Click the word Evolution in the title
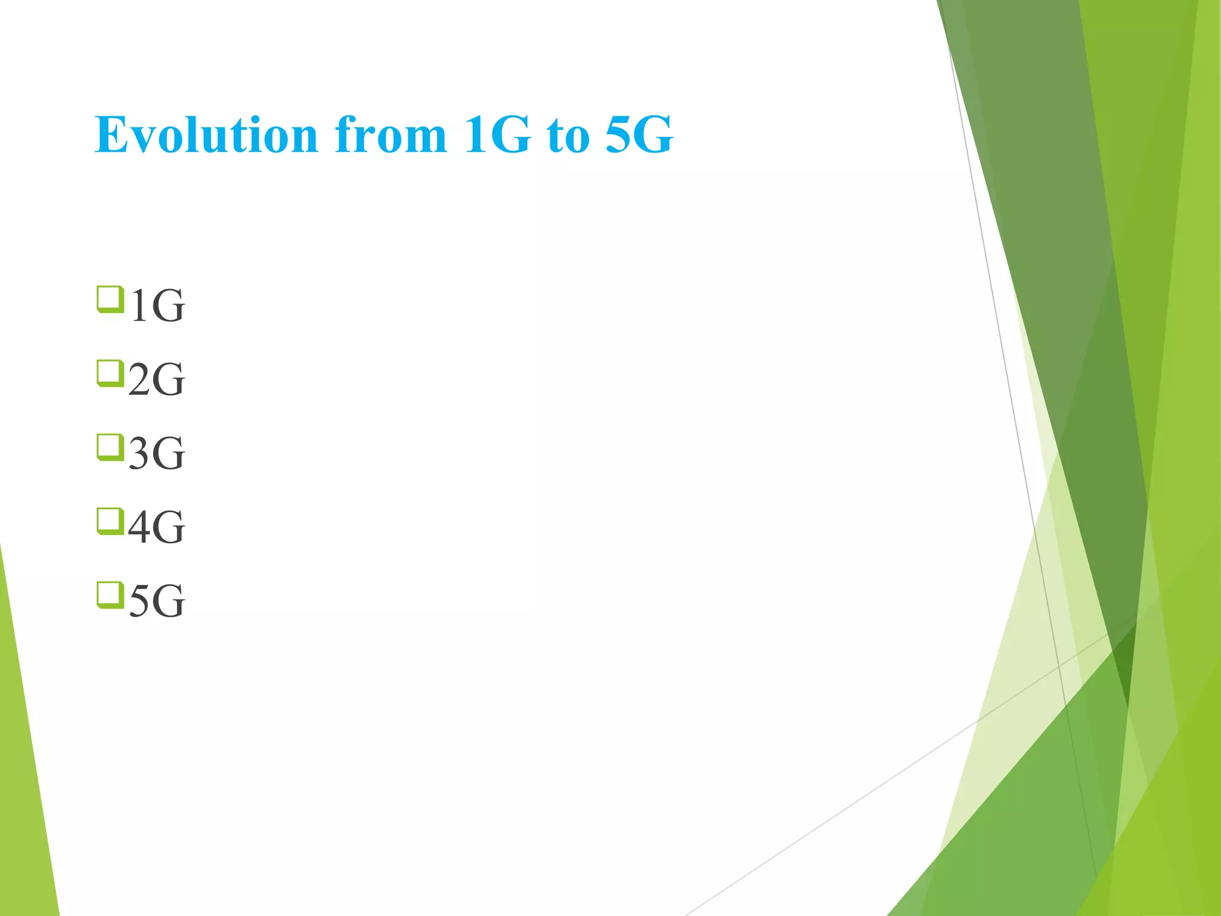[206, 135]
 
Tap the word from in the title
[391, 135]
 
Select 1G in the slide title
[497, 135]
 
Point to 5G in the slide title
[639, 135]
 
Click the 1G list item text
[157, 306]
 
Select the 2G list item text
[156, 380]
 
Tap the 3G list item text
[156, 454]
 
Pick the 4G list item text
[156, 528]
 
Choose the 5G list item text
[156, 601]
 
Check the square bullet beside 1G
[110, 299]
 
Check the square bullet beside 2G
[110, 373]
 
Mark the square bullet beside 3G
[110, 447]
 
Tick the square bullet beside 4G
[110, 521]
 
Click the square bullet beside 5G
[110, 595]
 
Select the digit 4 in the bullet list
[140, 528]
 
